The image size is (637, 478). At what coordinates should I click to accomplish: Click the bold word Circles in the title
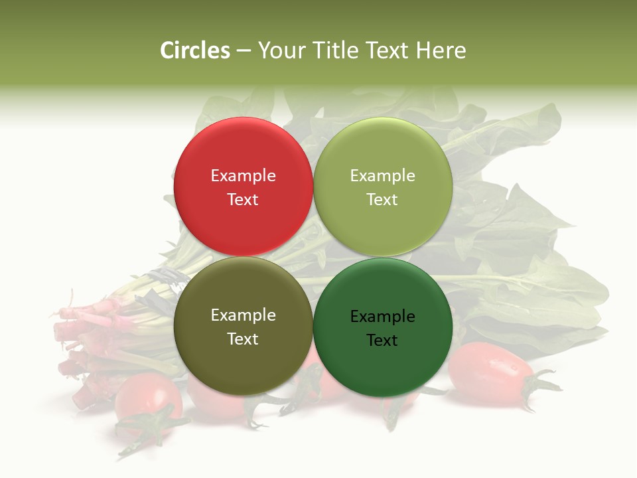click(195, 50)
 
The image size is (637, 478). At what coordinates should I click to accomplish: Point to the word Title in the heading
click(336, 50)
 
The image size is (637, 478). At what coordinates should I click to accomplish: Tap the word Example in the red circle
click(243, 176)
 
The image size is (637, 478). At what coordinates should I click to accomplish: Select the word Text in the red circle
click(243, 199)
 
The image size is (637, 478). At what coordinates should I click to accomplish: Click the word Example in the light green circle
click(382, 176)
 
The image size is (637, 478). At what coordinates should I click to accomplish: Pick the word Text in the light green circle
click(382, 199)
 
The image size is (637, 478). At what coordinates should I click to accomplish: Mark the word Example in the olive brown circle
click(243, 315)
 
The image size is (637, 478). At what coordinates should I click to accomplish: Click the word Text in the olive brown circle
click(243, 339)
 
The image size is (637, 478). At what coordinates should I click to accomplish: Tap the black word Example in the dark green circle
click(382, 317)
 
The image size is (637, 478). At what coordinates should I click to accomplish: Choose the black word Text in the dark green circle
click(382, 341)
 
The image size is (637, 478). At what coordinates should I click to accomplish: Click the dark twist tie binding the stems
click(166, 279)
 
